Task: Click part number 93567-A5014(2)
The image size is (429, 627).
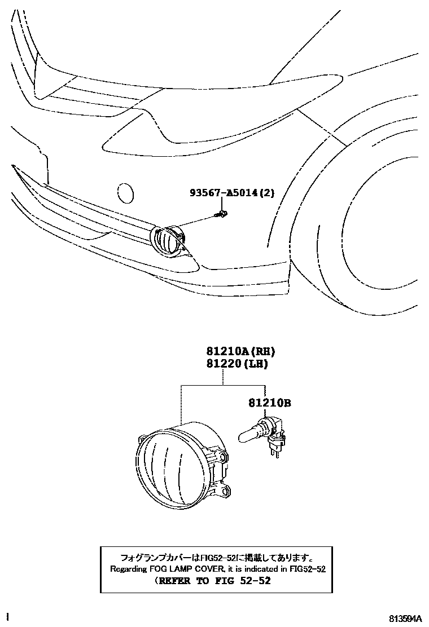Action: click(231, 193)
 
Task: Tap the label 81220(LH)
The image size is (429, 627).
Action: click(231, 364)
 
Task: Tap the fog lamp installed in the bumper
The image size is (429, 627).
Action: click(169, 241)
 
